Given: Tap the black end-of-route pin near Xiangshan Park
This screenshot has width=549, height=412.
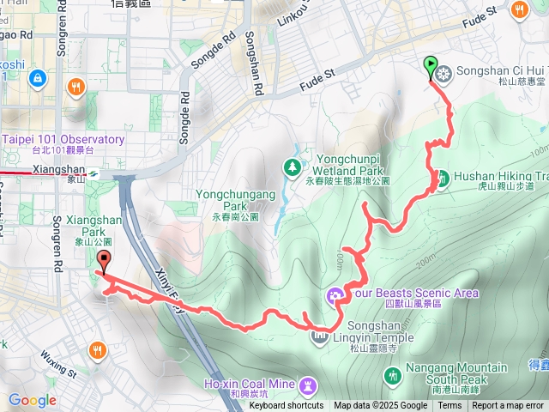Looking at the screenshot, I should [104, 260].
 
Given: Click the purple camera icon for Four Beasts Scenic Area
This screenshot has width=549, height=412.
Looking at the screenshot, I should [334, 296].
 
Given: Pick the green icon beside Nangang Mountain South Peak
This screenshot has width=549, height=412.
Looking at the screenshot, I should [393, 375].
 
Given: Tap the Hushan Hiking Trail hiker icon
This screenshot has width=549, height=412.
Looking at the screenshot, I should [443, 178].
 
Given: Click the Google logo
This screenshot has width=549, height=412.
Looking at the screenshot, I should [32, 400].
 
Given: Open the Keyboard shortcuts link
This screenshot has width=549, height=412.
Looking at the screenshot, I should [286, 406].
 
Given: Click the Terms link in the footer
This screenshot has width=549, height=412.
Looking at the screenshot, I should [449, 406].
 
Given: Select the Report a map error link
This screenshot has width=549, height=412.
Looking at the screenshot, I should [509, 406].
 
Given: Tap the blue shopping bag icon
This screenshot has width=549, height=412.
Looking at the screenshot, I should [37, 79].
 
